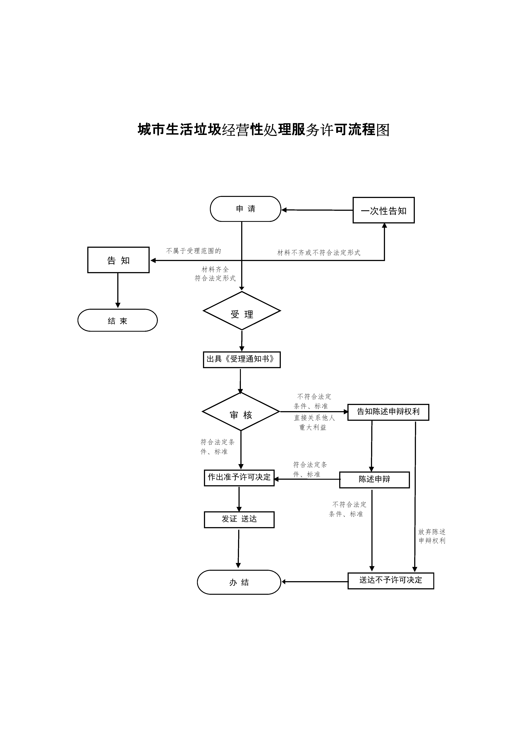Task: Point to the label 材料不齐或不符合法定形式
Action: [x=319, y=253]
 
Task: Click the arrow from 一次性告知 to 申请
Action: [x=317, y=210]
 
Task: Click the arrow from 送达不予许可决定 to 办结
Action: [x=315, y=582]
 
